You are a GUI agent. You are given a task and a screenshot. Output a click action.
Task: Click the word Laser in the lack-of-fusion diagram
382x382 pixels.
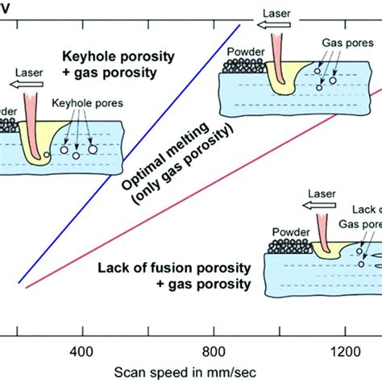click(320, 194)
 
